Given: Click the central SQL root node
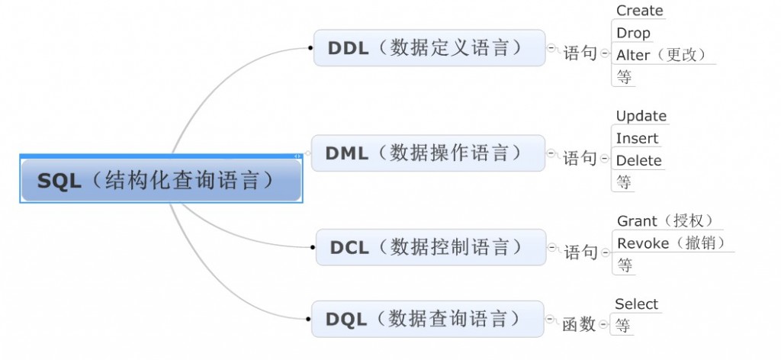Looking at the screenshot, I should tap(161, 180).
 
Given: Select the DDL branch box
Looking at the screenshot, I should tap(429, 48).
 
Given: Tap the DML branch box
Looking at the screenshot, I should tap(428, 153).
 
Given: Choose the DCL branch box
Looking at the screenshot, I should tap(430, 247).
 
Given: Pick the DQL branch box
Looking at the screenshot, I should tap(427, 318).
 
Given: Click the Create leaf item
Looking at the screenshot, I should tap(639, 11).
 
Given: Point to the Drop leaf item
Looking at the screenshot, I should tap(633, 33).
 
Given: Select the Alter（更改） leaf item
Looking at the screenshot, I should tap(661, 55).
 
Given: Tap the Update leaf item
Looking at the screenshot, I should tap(641, 116).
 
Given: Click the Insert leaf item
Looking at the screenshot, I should tap(637, 138).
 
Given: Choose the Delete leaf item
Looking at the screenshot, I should tap(638, 160).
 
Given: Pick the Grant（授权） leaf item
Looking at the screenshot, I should tap(665, 221).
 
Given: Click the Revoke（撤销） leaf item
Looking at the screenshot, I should tap(671, 243).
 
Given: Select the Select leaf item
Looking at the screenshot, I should tap(636, 304).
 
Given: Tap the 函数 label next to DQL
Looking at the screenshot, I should tap(579, 324).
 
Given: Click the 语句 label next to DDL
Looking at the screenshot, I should tap(579, 53).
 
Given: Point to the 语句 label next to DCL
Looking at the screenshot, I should tap(580, 252).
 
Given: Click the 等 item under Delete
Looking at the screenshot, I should tap(625, 182).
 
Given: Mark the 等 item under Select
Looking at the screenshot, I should tap(623, 326).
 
